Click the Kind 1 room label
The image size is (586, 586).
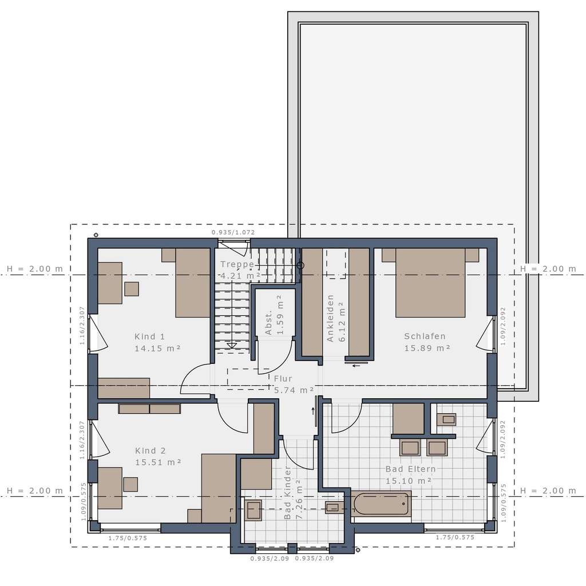point(150,336)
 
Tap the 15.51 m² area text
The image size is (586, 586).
point(158,462)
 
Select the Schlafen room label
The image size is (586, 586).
point(425,336)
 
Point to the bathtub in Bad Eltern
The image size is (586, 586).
point(382,504)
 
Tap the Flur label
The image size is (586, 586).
point(283,379)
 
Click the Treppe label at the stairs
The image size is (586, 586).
point(237,264)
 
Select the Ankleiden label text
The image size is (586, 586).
point(330,318)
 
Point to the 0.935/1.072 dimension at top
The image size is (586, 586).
point(233,232)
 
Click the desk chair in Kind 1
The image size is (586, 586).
point(132,289)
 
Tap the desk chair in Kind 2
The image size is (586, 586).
point(130,484)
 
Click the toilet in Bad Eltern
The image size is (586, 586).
point(446,419)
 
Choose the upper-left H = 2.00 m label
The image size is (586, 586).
point(34,269)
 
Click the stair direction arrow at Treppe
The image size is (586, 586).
point(232,345)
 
